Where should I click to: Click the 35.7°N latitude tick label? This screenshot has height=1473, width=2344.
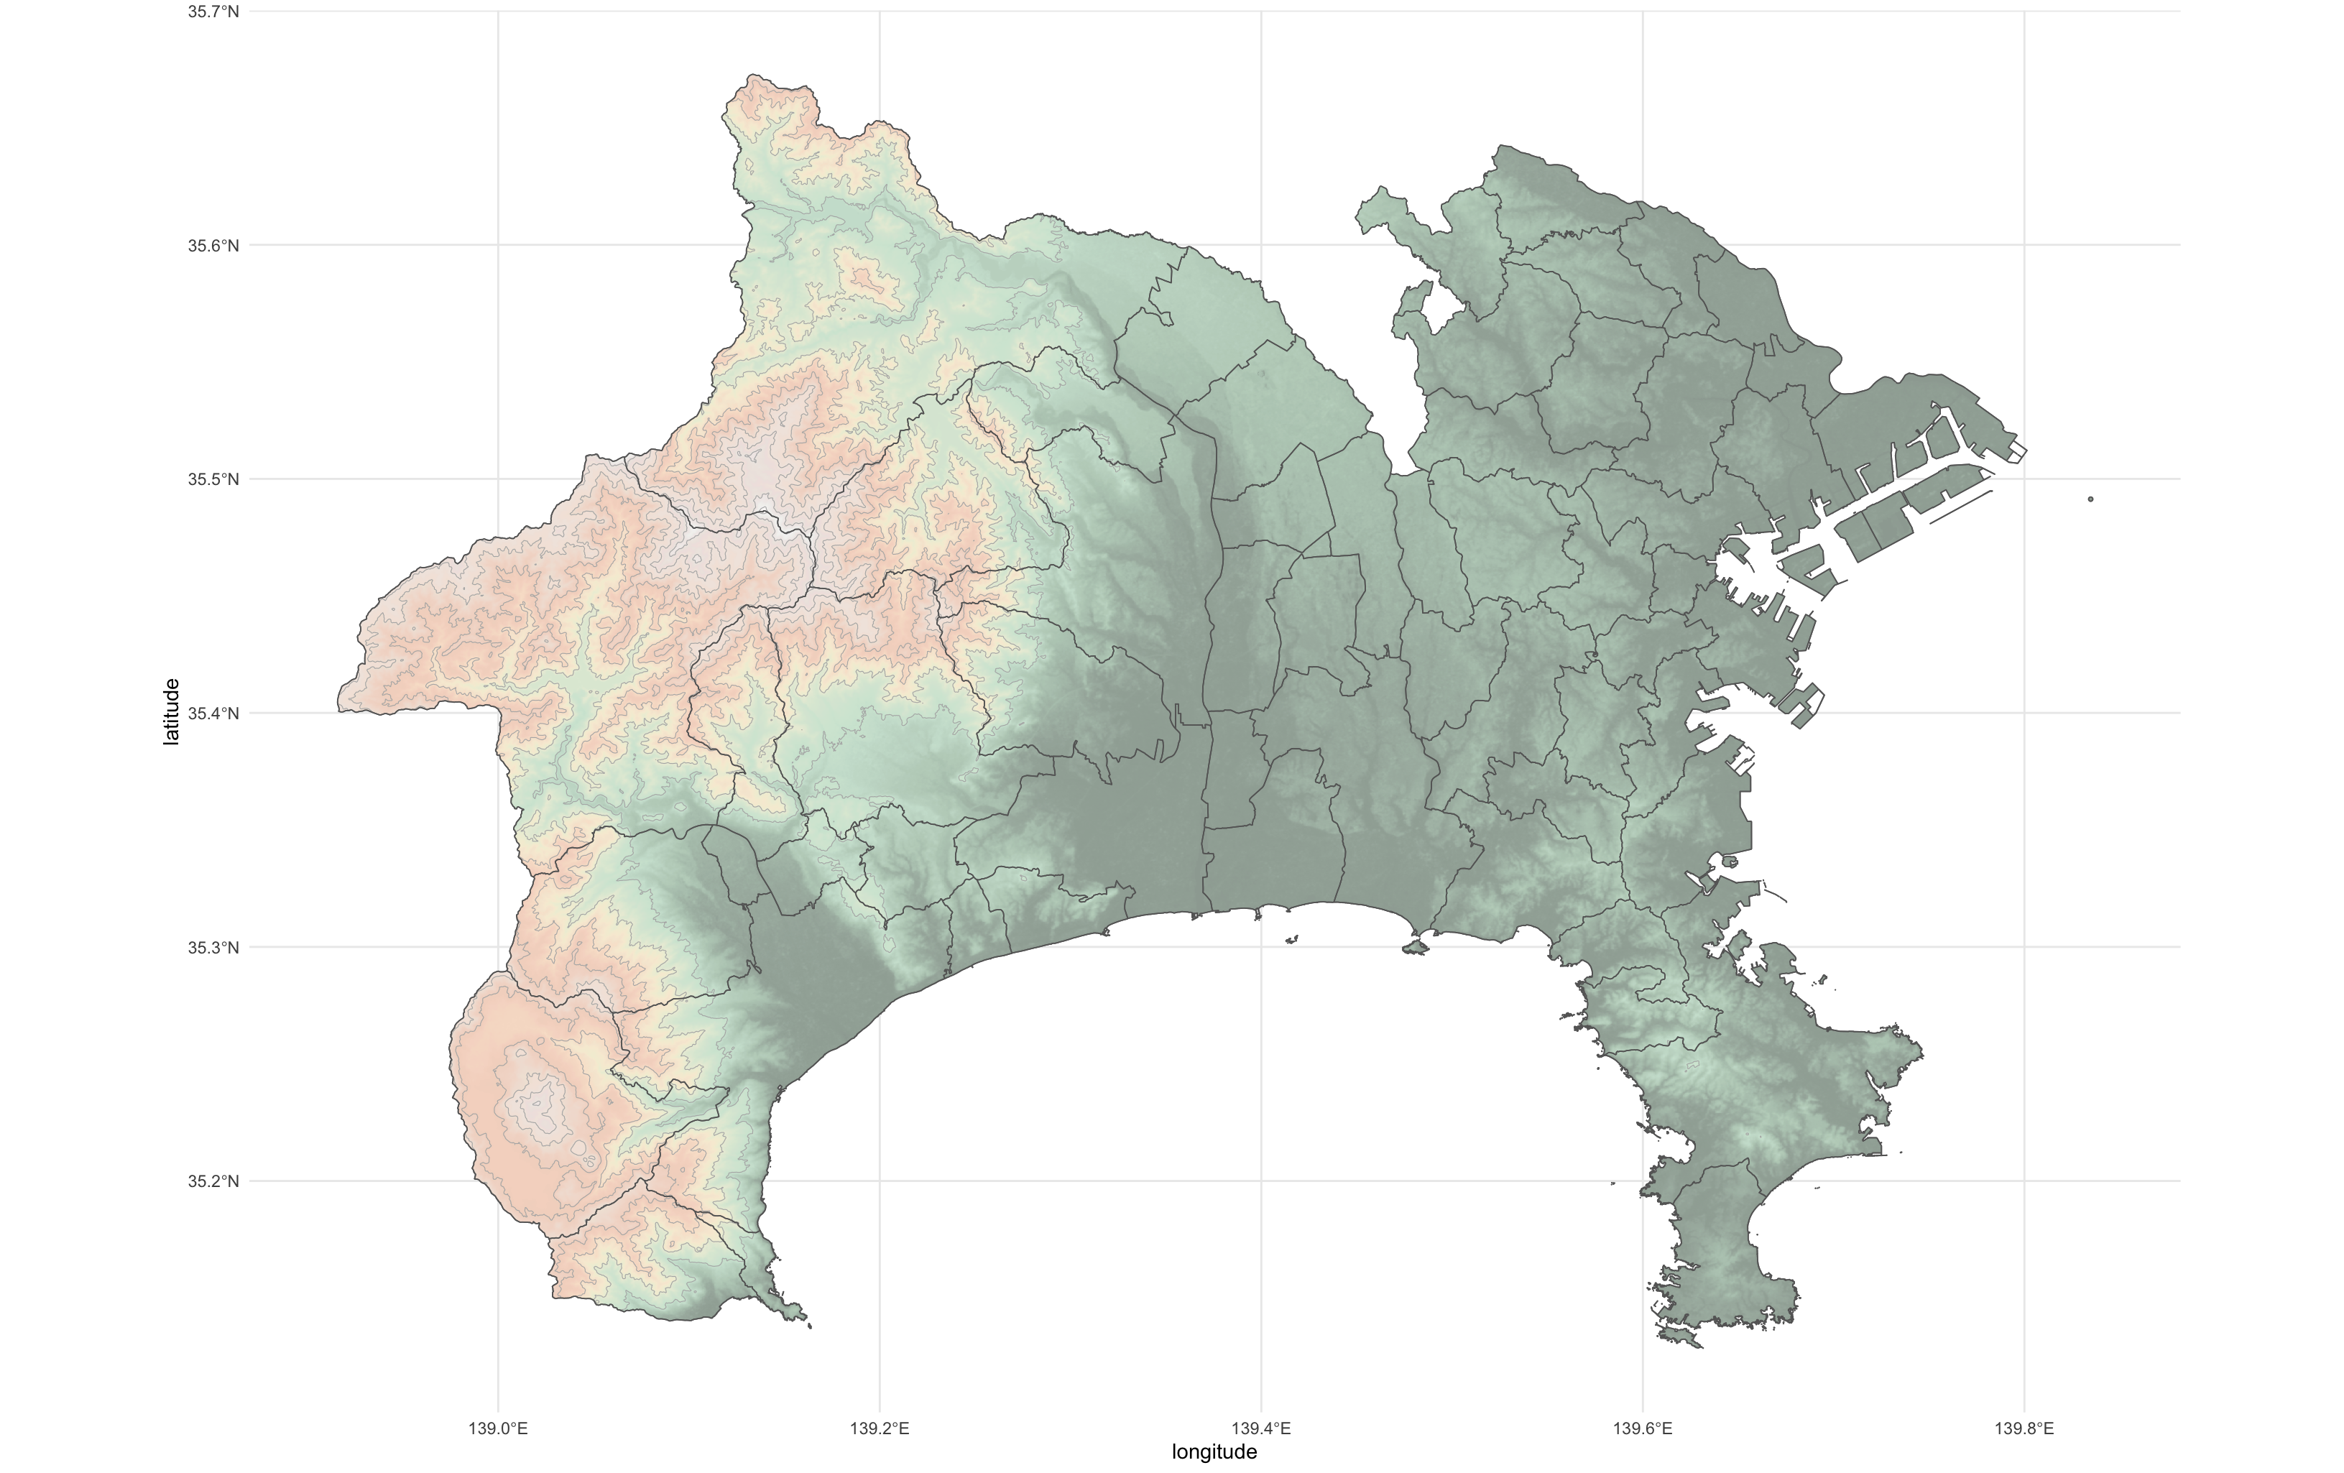(213, 11)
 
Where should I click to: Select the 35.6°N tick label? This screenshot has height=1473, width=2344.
(213, 245)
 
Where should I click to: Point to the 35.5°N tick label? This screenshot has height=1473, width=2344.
(213, 479)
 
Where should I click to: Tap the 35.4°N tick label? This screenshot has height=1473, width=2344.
(213, 714)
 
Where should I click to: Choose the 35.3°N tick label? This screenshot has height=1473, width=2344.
(213, 947)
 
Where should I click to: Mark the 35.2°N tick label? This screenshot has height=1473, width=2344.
(213, 1181)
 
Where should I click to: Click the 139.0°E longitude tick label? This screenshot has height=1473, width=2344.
(499, 1428)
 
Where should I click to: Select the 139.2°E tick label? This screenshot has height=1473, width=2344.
(880, 1428)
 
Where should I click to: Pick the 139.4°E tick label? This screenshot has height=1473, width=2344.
(1262, 1428)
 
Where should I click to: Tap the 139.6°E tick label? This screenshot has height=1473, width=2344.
(1643, 1428)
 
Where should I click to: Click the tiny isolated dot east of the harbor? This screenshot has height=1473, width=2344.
(2091, 499)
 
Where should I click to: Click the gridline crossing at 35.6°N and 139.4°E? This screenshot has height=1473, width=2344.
(1262, 245)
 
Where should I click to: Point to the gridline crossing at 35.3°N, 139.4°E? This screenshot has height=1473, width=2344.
(1262, 947)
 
